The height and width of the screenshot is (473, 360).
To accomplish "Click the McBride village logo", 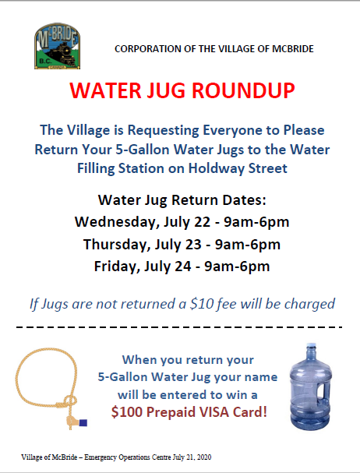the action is (x=57, y=46).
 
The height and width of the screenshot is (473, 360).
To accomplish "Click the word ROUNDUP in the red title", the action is (x=243, y=90).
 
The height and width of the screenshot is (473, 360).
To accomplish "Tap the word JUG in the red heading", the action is (x=166, y=90).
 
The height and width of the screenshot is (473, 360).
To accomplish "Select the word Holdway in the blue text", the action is (x=216, y=168).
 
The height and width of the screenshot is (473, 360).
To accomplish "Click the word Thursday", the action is (x=117, y=245).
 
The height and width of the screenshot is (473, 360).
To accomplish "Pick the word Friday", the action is (x=117, y=267).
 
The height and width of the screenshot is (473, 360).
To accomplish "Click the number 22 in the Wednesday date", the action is (x=202, y=222).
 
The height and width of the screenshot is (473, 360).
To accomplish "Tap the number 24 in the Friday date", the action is (x=182, y=267).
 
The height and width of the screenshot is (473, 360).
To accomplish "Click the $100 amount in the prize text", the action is (x=126, y=411).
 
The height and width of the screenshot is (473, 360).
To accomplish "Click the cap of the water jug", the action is (x=311, y=346).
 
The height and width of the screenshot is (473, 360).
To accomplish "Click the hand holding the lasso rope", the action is (x=71, y=421).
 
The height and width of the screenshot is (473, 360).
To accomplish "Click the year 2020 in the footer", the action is (x=204, y=457).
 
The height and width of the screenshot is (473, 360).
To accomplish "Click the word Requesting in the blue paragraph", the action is (x=164, y=130).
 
